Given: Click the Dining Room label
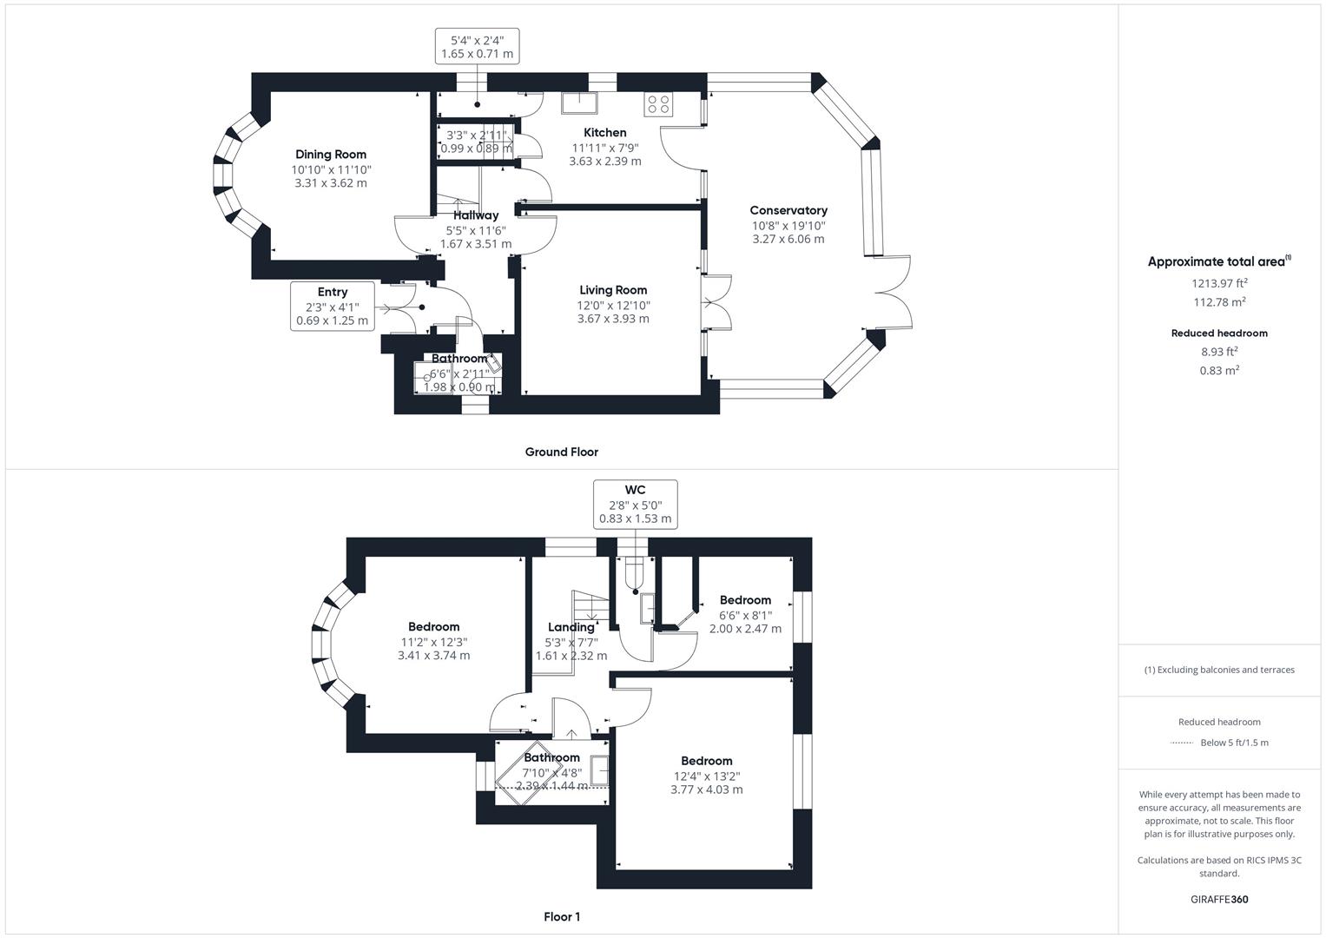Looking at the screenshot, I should tap(330, 155).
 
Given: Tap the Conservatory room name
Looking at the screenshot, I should tap(788, 210).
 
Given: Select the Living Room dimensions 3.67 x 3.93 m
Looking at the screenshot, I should tap(613, 319).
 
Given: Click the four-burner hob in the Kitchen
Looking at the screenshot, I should tap(657, 104).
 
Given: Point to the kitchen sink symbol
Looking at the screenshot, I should tap(577, 103).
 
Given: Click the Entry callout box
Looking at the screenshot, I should tap(333, 306).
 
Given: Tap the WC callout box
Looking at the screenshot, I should tap(635, 505).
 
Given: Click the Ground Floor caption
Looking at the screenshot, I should tap(561, 452).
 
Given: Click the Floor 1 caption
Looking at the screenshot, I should tap(562, 916).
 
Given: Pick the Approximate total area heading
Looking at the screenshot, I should tap(1218, 261).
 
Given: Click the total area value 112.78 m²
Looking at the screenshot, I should tap(1219, 302).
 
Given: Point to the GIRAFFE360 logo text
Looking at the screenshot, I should tap(1219, 899).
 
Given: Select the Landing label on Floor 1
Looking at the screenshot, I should tap(571, 627).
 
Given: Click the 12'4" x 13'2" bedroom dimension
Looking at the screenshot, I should tap(706, 776).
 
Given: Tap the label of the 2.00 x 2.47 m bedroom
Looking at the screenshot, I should tap(745, 600).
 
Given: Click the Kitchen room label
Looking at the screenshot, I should tap(604, 133).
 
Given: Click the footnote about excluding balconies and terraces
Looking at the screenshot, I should tap(1219, 670).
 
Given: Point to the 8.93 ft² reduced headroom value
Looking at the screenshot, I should tap(1219, 352).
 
